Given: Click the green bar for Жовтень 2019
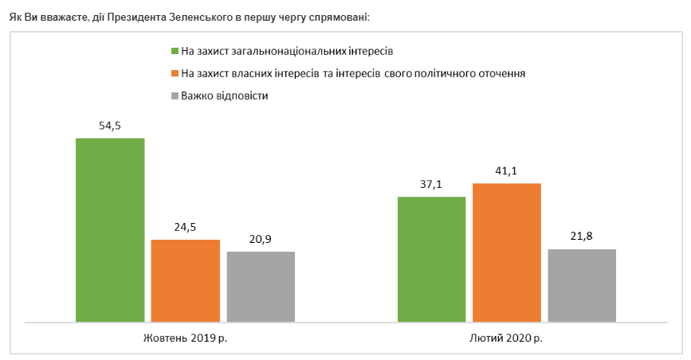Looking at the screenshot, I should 110,230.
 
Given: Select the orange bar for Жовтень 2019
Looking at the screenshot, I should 186,281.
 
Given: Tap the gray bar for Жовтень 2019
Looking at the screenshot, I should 261,287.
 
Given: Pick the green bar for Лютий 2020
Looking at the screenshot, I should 431,260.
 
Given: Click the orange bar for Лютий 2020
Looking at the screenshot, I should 507,253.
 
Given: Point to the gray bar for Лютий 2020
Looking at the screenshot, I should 582,286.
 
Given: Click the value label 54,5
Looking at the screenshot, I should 110,125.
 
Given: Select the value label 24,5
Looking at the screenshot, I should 186,227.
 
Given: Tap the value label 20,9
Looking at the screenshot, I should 261,239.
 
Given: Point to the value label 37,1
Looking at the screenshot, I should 431,184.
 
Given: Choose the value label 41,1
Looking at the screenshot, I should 507,170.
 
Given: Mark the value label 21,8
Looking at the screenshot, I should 582,236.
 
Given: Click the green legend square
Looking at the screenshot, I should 175,51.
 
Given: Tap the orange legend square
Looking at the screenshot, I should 175,73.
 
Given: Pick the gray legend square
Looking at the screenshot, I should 175,96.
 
